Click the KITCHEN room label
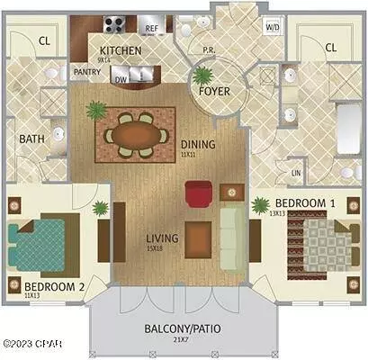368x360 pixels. (121, 50)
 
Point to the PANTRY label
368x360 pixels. (86, 71)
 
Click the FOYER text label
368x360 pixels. (214, 91)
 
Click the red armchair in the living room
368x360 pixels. (198, 193)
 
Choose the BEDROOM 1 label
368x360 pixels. (305, 203)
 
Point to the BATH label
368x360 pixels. (33, 139)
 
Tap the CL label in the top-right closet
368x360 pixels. (330, 47)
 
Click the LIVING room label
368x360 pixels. (163, 238)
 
